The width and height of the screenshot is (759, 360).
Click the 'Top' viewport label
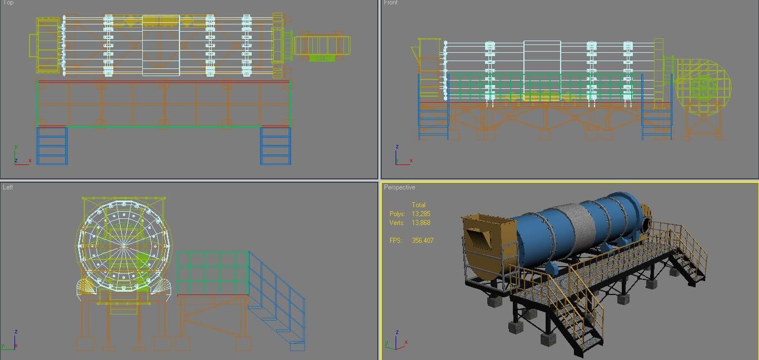(8, 3)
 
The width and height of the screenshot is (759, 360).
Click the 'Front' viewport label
(391, 3)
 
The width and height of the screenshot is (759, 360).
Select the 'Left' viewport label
(8, 187)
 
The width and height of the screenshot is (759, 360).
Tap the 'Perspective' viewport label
(400, 187)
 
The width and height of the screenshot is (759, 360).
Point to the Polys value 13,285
(421, 214)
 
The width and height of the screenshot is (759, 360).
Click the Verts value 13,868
(421, 223)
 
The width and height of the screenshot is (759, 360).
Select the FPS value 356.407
(422, 241)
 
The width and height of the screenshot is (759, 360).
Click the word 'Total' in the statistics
(418, 205)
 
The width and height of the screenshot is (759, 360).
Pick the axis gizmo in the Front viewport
(401, 157)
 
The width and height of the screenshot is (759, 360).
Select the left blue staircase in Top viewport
(52, 146)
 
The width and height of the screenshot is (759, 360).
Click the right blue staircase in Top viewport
(276, 146)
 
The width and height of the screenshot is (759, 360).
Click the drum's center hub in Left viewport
(123, 244)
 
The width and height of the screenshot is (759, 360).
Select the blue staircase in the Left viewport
(277, 300)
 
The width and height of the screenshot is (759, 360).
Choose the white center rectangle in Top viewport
(161, 46)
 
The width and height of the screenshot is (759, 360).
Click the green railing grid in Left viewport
(212, 272)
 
